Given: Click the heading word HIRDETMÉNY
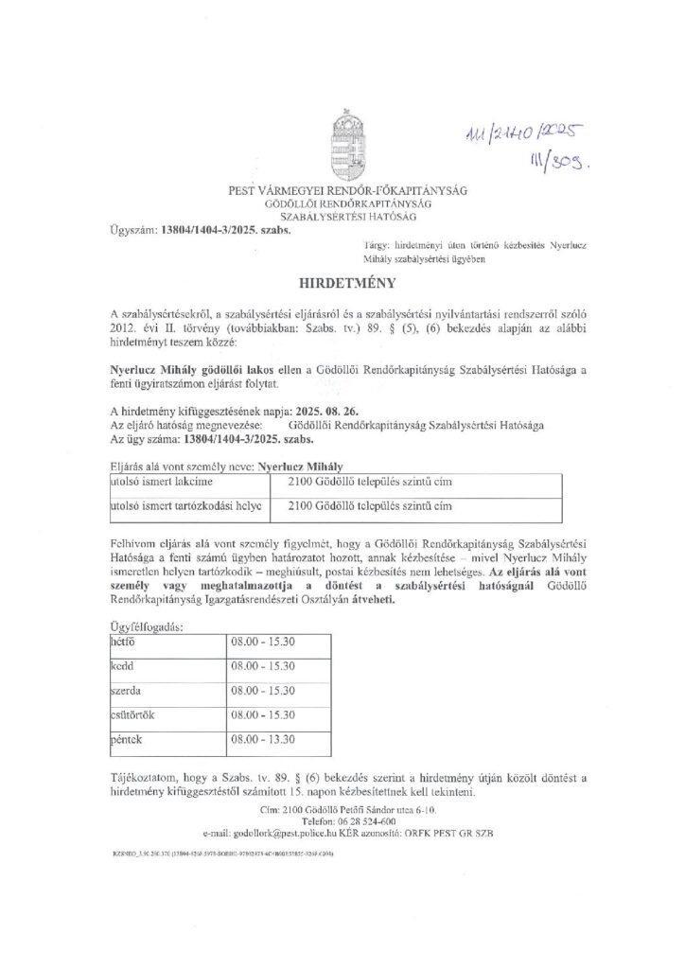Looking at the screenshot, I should point(342,282).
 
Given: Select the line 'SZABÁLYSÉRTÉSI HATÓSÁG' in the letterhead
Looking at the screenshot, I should point(342,218).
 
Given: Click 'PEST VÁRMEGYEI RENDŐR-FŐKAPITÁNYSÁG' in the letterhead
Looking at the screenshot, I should point(342,191).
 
